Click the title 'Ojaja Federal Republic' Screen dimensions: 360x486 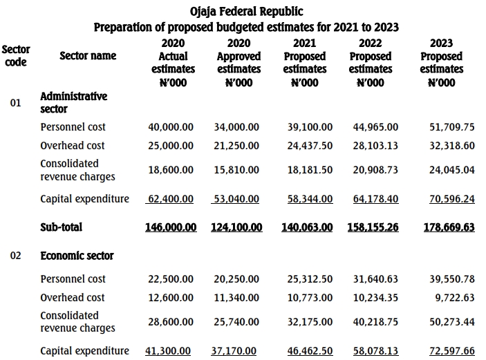[246, 12]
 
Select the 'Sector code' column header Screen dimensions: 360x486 [16, 55]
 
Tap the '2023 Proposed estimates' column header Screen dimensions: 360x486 [441, 63]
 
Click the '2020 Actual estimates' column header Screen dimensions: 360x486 [173, 63]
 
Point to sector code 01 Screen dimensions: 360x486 [16, 103]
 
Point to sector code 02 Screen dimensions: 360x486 [16, 256]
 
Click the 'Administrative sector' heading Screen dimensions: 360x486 [73, 102]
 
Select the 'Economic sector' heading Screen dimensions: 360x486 [77, 256]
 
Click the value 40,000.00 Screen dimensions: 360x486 [171, 127]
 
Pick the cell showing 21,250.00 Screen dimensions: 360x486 [236, 146]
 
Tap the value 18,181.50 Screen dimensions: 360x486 [310, 169]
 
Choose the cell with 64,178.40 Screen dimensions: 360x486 [375, 199]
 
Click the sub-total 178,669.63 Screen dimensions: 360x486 [449, 227]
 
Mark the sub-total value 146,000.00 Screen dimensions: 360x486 [171, 227]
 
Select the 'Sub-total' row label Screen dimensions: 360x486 [62, 227]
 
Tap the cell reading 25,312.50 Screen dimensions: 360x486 [310, 279]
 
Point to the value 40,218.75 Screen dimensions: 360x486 [375, 321]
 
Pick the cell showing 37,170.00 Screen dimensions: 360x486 [235, 351]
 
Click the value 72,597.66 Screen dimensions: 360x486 [452, 351]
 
